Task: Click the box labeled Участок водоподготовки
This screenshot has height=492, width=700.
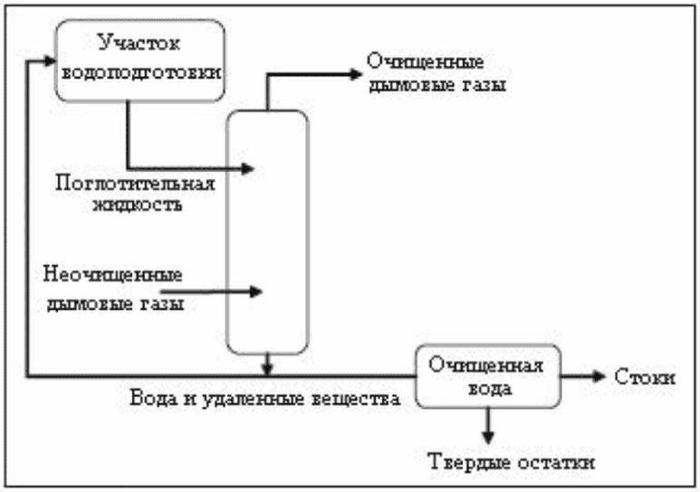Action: coord(140,58)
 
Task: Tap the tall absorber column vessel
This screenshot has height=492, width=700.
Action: coord(267,231)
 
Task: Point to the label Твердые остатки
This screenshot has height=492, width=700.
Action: coord(511,463)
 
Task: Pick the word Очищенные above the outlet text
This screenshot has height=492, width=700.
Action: coord(426,65)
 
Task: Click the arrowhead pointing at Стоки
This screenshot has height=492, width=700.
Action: coord(599,376)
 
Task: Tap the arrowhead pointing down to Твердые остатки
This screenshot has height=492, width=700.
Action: coord(487,435)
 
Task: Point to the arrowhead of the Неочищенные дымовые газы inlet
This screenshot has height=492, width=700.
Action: coord(256,291)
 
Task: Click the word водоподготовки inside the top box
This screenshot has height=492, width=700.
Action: coord(140,71)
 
